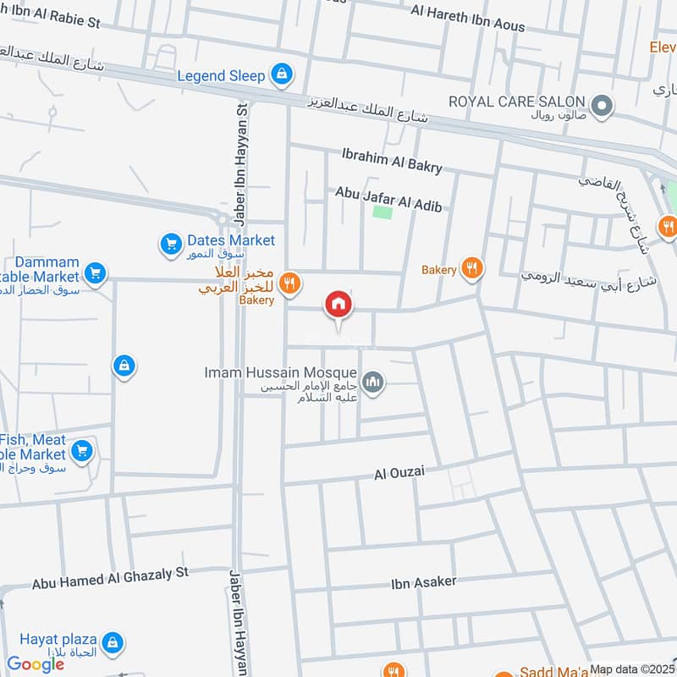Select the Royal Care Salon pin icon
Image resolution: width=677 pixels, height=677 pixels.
[x=602, y=106]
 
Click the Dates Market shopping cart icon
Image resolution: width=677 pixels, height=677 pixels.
[x=172, y=245]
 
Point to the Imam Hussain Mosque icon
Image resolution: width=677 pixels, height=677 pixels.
[x=372, y=384]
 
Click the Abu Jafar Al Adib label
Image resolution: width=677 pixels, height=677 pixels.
[x=389, y=200]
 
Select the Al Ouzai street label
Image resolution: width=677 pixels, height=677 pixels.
[x=399, y=472]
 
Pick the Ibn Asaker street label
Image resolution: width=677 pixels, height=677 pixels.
[x=423, y=581]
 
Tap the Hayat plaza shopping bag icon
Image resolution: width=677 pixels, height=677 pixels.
[x=114, y=641]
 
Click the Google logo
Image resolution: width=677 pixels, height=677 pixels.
[x=36, y=664]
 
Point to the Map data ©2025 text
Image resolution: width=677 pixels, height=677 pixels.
[x=633, y=669]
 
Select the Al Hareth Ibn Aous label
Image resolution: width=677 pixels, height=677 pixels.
[x=467, y=19]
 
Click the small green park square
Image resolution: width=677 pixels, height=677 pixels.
[x=383, y=210]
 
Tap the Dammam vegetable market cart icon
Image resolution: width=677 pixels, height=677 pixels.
[x=95, y=272]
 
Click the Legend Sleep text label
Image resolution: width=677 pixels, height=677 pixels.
[x=221, y=75]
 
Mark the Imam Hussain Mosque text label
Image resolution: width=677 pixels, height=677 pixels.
[x=281, y=372]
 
